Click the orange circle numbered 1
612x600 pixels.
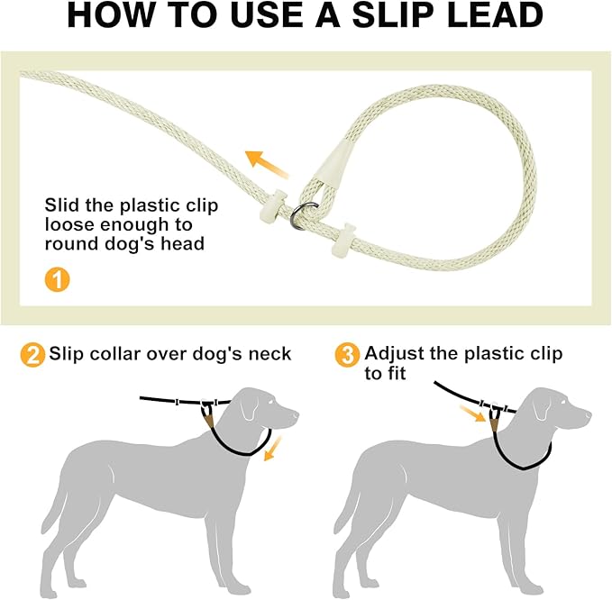[x=56, y=280]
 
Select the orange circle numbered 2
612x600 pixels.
[x=32, y=354]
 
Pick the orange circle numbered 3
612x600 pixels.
[x=346, y=354]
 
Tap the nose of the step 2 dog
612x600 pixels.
[x=295, y=416]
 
